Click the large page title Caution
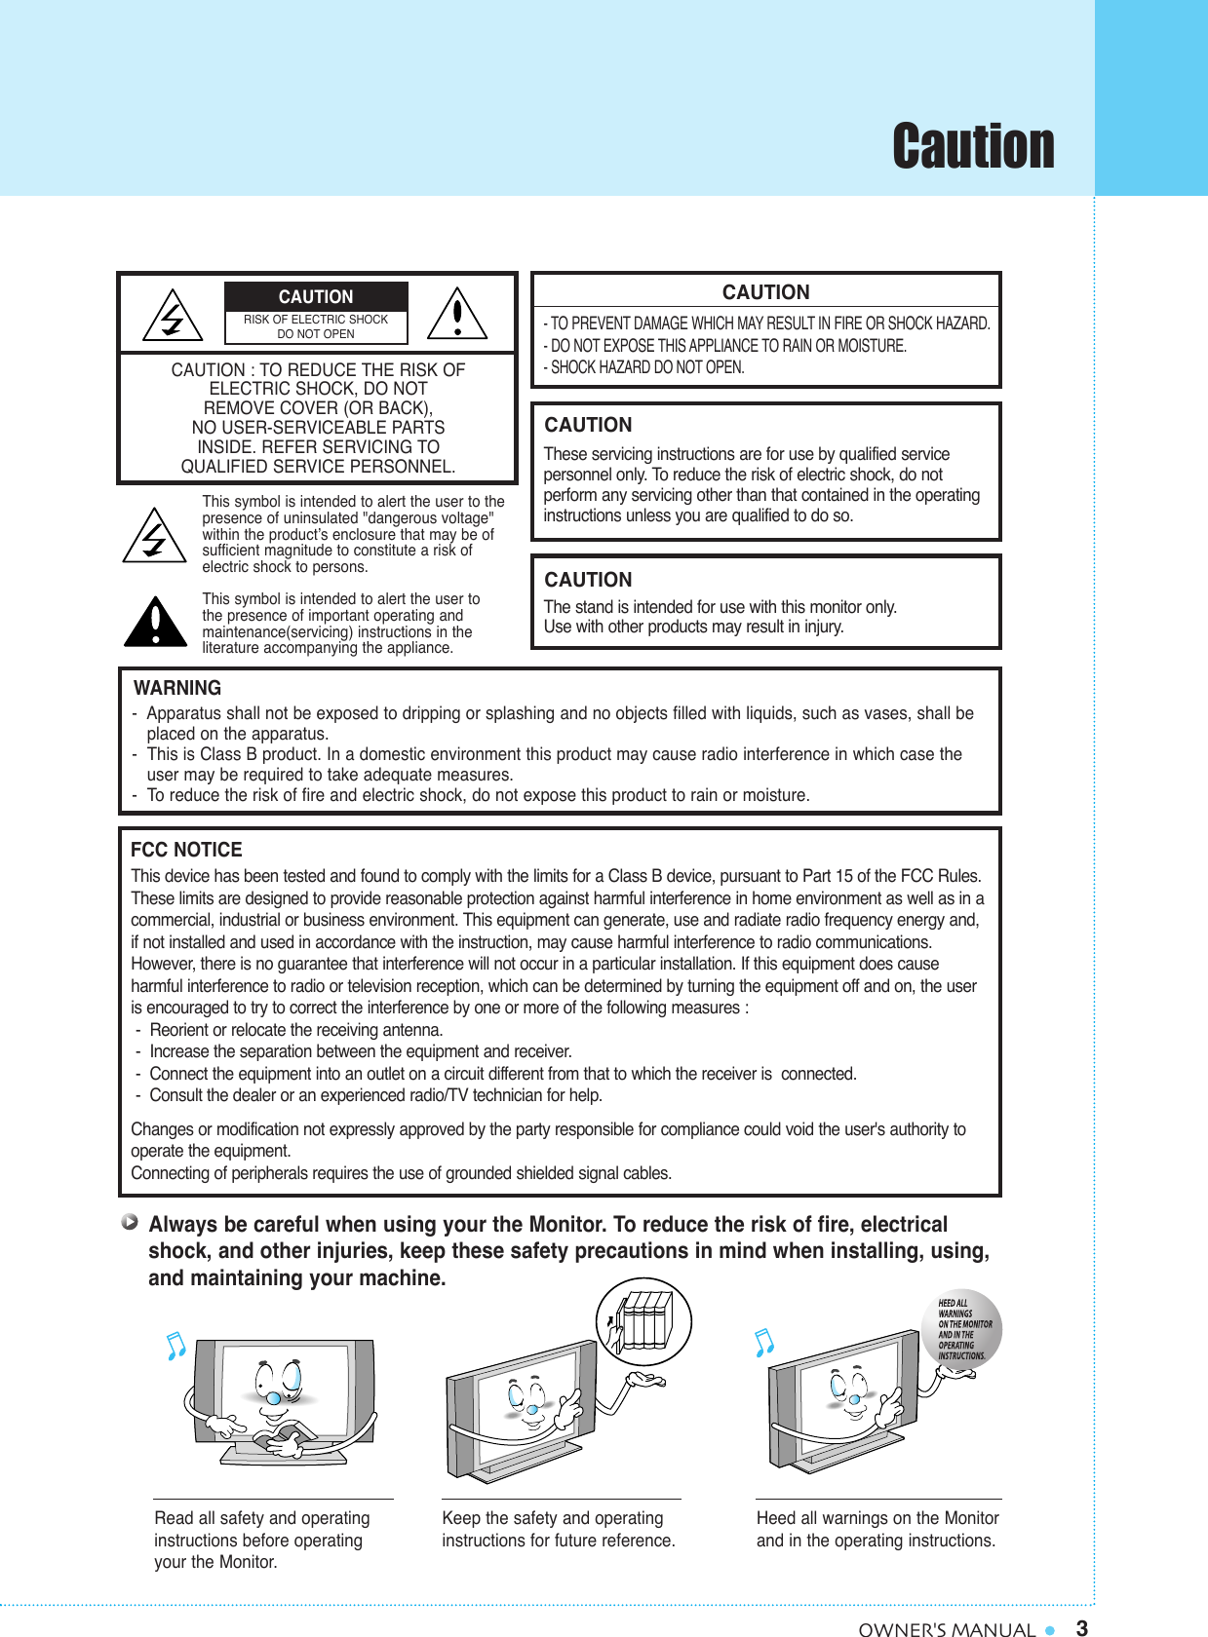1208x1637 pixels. [972, 146]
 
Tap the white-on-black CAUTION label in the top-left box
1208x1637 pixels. [316, 296]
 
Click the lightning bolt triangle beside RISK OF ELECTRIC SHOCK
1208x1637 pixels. [173, 316]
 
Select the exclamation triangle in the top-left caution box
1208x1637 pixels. [457, 315]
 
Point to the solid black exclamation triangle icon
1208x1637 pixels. [155, 623]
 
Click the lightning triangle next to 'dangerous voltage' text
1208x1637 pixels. [154, 536]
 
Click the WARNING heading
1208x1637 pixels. [177, 688]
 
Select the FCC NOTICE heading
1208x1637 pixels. [186, 850]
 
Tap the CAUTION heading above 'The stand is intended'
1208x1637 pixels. [588, 580]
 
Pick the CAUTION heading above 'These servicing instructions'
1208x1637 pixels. [588, 425]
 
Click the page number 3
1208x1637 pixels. [1081, 1627]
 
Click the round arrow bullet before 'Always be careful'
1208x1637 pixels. [130, 1221]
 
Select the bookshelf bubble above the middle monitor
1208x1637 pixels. [643, 1320]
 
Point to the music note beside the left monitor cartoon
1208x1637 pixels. [175, 1346]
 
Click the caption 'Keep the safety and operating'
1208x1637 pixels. [552, 1518]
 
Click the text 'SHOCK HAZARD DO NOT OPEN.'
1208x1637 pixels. [645, 367]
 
